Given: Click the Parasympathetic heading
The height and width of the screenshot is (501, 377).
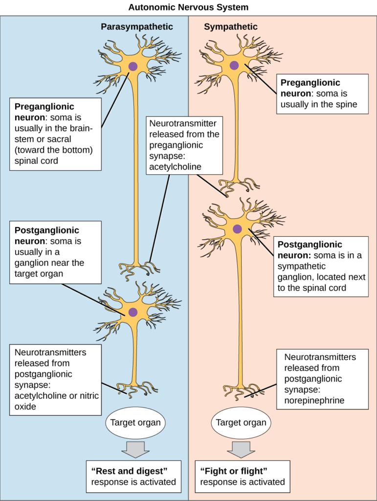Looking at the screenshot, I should click(x=137, y=27).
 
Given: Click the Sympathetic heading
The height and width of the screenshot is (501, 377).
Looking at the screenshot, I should click(x=230, y=27).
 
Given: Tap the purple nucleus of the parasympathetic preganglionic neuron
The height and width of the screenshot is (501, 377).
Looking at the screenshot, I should click(x=133, y=67).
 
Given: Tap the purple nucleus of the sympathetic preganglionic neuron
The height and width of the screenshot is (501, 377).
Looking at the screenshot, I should click(x=234, y=65).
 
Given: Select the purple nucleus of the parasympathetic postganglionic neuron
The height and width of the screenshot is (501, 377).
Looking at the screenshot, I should click(x=133, y=312).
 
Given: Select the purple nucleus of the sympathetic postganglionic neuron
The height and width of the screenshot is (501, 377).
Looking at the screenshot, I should click(x=237, y=228).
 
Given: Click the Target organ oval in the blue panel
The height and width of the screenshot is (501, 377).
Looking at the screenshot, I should click(x=135, y=422).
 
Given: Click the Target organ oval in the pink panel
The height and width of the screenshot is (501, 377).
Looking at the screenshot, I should click(x=241, y=422).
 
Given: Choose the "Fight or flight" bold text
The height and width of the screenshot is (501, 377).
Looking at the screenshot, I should click(x=234, y=471).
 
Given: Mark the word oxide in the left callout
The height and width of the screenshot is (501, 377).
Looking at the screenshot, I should click(x=25, y=406).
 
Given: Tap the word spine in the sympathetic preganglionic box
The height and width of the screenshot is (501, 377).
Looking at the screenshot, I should click(x=346, y=104).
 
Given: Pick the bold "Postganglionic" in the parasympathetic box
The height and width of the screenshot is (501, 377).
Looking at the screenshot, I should click(x=46, y=230).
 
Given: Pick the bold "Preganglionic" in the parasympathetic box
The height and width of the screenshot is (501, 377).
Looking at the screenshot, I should click(x=44, y=107).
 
